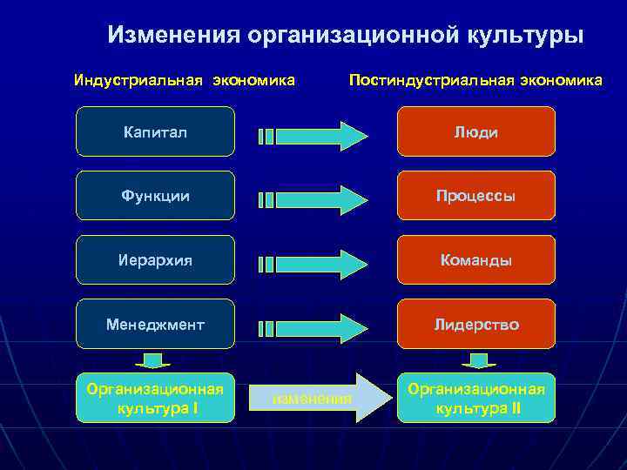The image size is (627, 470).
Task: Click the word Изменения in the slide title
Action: point(174,35)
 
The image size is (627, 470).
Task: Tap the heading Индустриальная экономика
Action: point(185,81)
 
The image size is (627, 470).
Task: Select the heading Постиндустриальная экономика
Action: point(475,81)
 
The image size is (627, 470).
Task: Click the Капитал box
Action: point(155,131)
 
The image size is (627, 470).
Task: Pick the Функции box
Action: point(155,196)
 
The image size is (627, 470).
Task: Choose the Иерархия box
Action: point(155,260)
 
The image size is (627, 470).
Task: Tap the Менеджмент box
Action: point(155,324)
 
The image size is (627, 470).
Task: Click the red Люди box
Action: point(475,131)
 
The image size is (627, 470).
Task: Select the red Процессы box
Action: point(475,196)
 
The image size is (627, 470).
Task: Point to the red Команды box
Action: point(475,260)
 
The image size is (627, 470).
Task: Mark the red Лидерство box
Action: point(475,324)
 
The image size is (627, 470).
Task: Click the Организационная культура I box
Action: point(155,398)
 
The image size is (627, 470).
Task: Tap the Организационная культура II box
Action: point(475,398)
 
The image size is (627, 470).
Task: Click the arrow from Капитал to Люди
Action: point(313,136)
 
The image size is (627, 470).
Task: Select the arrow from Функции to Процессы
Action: point(313,199)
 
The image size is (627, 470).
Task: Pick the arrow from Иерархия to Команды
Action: point(313,264)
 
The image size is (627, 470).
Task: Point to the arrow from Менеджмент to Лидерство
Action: point(313,327)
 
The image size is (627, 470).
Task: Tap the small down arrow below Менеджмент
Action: point(155,359)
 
